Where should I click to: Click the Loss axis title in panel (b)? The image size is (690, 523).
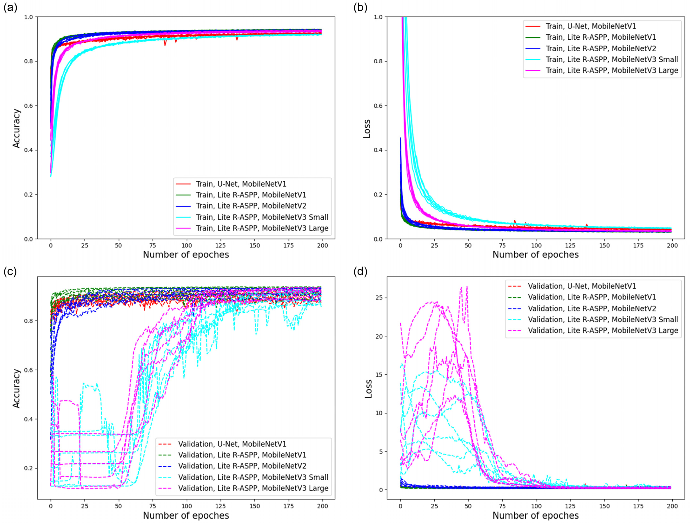(x=367, y=128)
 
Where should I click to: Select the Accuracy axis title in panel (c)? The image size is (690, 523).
(x=16, y=388)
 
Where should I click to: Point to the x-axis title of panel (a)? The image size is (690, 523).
(x=186, y=255)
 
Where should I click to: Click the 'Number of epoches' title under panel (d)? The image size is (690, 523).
(x=536, y=515)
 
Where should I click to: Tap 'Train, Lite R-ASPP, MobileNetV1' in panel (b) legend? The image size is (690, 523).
(x=600, y=37)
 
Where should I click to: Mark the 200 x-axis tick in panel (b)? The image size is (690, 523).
(x=672, y=245)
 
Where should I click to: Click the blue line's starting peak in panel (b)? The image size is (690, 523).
(x=400, y=138)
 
